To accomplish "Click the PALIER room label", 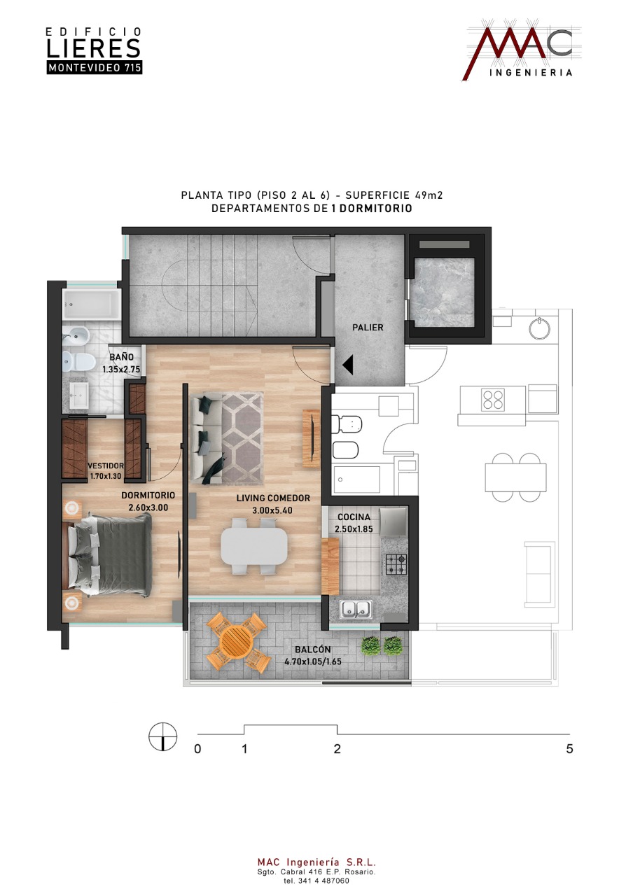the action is (x=368, y=327).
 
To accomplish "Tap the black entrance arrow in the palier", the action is (x=347, y=365).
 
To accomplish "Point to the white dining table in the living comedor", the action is (x=253, y=545).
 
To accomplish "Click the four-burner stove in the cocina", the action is (x=396, y=564).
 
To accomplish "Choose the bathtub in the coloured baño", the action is (x=91, y=304).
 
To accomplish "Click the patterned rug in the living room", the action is (x=242, y=437).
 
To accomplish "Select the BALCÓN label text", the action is (x=313, y=650).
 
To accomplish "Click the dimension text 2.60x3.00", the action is (x=148, y=507).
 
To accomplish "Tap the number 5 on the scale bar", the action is (x=569, y=749).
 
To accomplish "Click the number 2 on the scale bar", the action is (x=337, y=749).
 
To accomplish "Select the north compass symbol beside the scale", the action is (x=163, y=737).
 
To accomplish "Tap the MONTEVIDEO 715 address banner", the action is (x=95, y=68).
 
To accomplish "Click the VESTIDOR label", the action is (x=106, y=465).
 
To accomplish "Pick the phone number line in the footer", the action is (x=316, y=881).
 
